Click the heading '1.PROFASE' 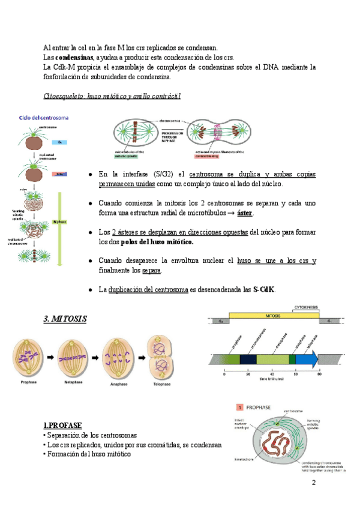click(x=63, y=426)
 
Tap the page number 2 click(x=313, y=484)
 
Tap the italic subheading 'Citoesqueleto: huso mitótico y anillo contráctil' click(x=113, y=96)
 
